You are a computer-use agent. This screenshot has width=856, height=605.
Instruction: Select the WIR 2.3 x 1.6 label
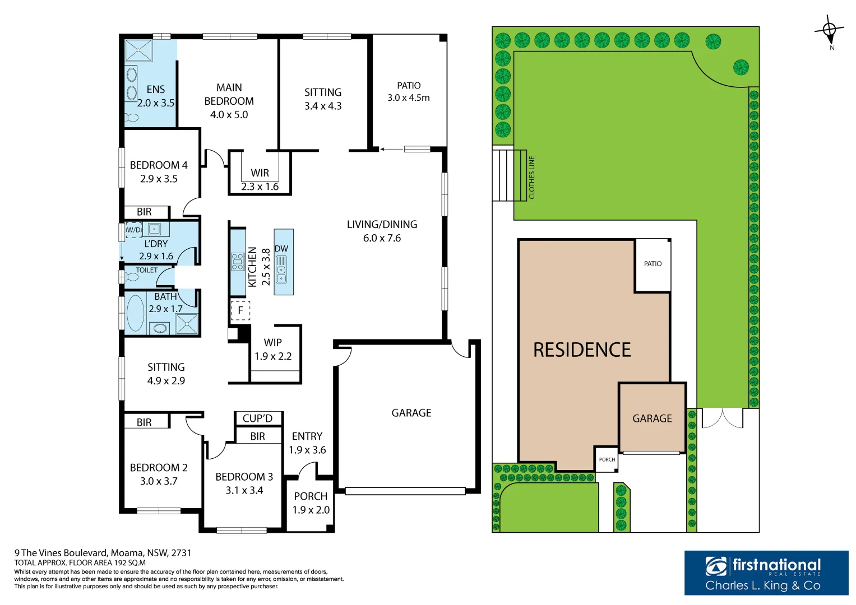point(260,180)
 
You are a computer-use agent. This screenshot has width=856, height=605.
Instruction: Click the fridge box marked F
point(240,310)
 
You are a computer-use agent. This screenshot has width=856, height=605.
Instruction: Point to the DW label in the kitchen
point(281,249)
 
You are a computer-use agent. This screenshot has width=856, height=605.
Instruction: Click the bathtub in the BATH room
point(135,313)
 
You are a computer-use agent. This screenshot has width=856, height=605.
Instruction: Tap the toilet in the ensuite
point(132,118)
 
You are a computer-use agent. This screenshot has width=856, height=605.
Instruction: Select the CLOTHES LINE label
point(532,177)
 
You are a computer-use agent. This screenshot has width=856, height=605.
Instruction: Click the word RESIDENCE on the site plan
point(581,350)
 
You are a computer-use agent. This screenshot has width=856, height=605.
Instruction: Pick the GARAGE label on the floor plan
point(411,413)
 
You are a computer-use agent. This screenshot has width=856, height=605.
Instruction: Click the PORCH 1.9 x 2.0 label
point(311,503)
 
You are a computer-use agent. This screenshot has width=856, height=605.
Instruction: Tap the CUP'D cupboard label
point(257,418)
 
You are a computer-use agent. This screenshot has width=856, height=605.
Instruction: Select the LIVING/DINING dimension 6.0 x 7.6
point(382,238)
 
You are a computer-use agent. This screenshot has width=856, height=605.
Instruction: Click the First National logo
point(766,573)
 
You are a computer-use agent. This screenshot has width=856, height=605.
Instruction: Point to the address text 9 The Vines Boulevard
point(103,553)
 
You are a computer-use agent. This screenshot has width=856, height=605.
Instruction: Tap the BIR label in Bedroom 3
point(257,436)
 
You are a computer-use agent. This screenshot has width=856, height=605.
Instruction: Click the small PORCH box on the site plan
point(607,459)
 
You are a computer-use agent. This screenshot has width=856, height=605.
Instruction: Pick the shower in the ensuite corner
point(138,50)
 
